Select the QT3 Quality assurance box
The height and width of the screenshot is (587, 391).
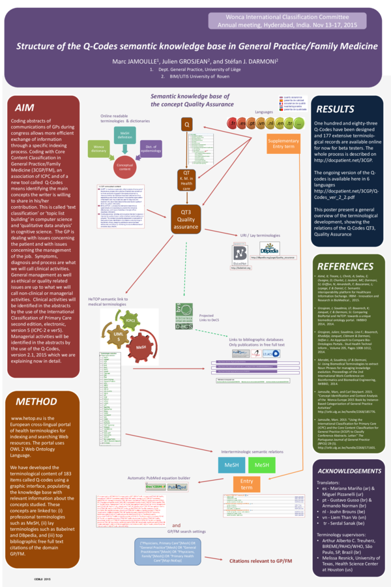tap(186, 218)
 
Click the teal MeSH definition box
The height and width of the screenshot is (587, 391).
tap(144, 136)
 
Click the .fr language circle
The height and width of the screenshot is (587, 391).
tap(233, 123)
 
